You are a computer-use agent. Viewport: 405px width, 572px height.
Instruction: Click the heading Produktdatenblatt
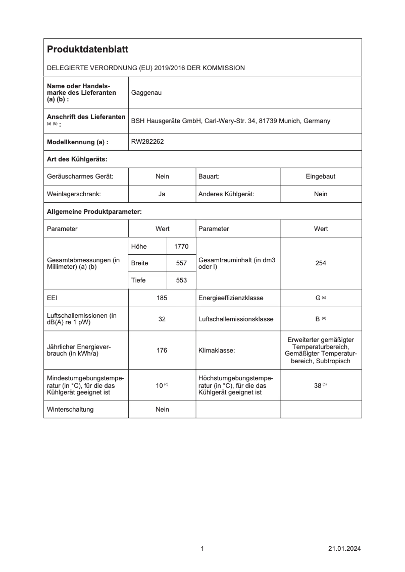coord(87,49)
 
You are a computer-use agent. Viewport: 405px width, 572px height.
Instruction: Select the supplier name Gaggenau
coord(146,93)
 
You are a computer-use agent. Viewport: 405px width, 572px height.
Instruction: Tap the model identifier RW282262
coord(147,142)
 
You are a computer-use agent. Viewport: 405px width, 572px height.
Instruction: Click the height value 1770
coord(181,246)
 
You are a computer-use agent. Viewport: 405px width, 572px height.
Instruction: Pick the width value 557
coord(181,263)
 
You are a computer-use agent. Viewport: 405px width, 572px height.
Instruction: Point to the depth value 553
coord(181,280)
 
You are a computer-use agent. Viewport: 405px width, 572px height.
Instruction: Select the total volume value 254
coord(321,263)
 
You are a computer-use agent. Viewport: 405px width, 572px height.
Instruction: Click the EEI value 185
coord(162,298)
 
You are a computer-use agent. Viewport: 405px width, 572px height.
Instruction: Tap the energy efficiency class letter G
coord(318,298)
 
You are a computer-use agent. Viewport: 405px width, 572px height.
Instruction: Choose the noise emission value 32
coord(162,319)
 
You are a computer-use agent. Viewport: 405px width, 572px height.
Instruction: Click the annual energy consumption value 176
coord(162,351)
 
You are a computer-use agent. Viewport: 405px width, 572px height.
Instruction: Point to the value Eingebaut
coord(321,177)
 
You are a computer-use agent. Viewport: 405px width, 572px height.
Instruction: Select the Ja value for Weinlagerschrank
coord(162,194)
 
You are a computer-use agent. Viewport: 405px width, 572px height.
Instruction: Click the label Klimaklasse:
coord(217,351)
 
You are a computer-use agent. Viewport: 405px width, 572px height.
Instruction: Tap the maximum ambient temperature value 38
coord(318,385)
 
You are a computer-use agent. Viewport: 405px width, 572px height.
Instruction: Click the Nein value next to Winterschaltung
coord(162,410)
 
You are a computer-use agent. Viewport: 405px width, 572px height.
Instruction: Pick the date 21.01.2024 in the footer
coord(344,549)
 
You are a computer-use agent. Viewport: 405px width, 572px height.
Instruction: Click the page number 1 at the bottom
coord(202,549)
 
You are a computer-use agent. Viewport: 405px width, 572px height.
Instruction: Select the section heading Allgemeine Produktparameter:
coord(94,211)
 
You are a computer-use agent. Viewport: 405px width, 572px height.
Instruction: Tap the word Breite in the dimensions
coord(139,263)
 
